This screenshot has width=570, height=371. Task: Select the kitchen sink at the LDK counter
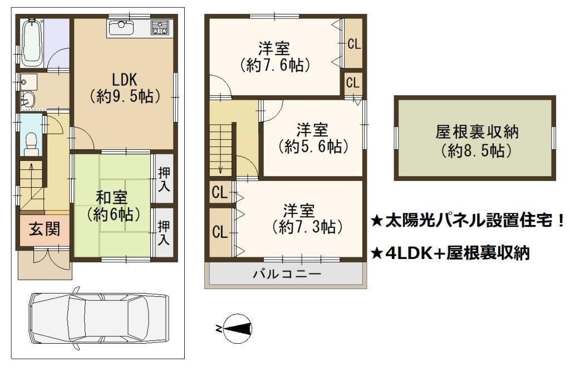pos(121,28)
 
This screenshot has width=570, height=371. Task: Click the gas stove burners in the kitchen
pos(160,28)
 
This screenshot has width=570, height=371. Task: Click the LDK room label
pos(124,79)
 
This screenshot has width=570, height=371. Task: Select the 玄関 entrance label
pos(45,230)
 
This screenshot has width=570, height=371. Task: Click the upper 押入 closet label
pos(164,179)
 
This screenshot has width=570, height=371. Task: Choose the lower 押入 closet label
pos(164,233)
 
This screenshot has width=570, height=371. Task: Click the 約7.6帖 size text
pos(275,66)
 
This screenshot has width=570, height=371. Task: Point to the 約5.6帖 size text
pos(313,146)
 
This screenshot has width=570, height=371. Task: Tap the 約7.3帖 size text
pos(307,227)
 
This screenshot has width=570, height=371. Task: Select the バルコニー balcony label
pos(287,274)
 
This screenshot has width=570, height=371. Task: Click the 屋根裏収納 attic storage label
pos(476,132)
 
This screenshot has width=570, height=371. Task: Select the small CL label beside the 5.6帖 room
pos(352,83)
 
